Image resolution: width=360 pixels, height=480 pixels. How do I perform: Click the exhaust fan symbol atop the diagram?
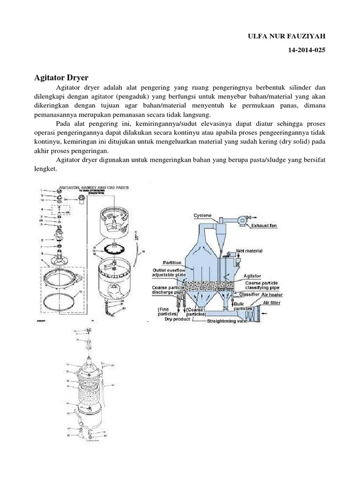pyautogui.click(x=246, y=218)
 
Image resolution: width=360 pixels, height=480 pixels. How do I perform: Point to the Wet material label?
pyautogui.click(x=250, y=251)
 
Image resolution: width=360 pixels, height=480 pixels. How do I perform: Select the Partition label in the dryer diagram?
pyautogui.click(x=172, y=262)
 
